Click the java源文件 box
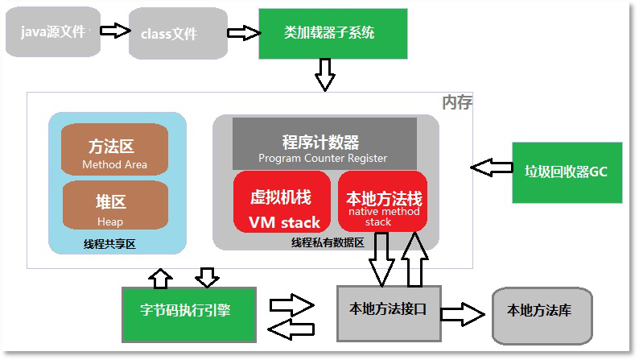[x=53, y=31]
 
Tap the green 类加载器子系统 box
[x=328, y=33]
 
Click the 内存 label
[x=456, y=103]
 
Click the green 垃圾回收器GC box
[x=567, y=172]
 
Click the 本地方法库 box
[x=541, y=311]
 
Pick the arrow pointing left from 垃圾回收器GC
[x=491, y=168]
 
